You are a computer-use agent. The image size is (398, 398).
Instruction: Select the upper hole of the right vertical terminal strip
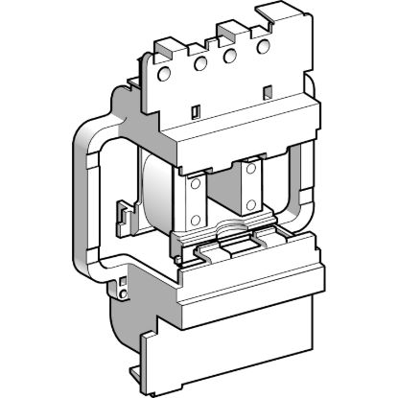coord(252,169)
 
